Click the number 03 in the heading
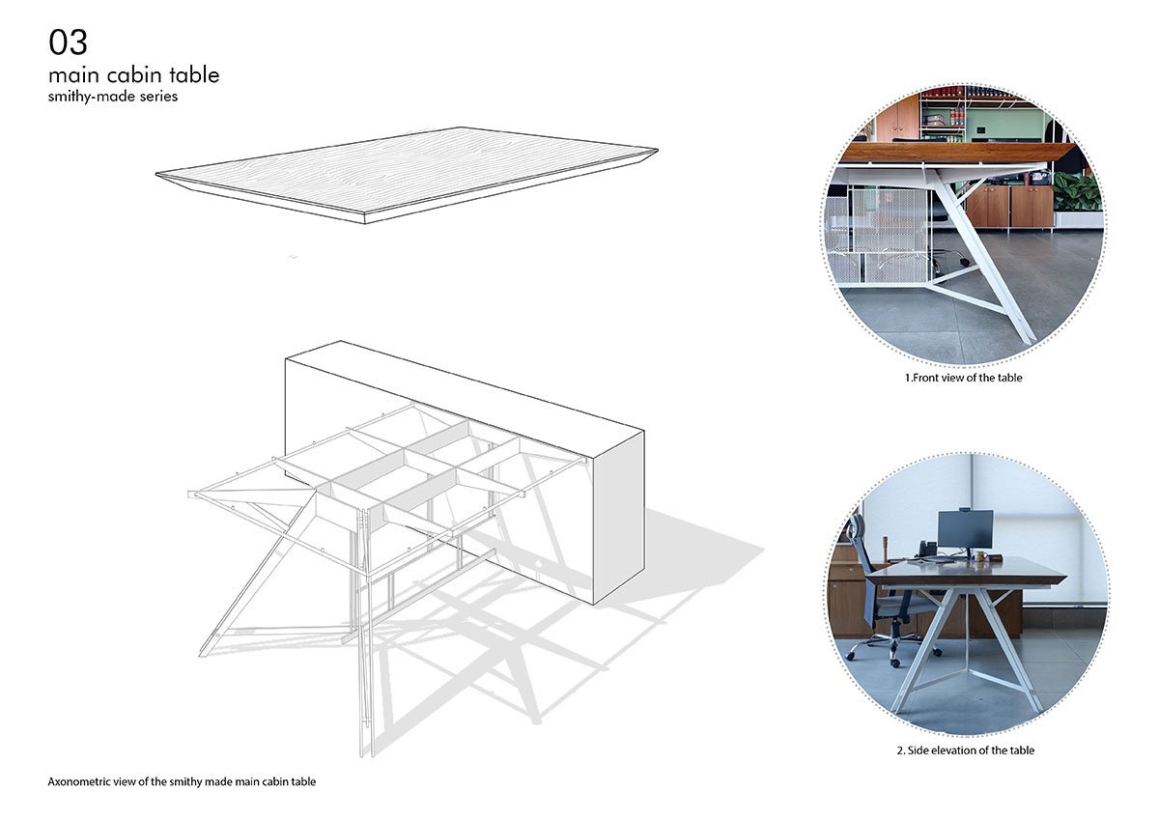point(68,42)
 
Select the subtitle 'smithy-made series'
point(113,97)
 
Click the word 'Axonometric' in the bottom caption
point(80,781)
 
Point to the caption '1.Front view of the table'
point(963,378)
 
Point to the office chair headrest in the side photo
point(854,527)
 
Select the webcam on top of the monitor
point(965,507)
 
